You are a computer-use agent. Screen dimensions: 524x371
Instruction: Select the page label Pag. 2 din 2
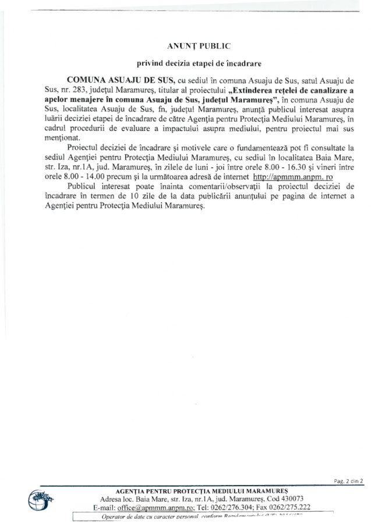pos(348,481)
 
